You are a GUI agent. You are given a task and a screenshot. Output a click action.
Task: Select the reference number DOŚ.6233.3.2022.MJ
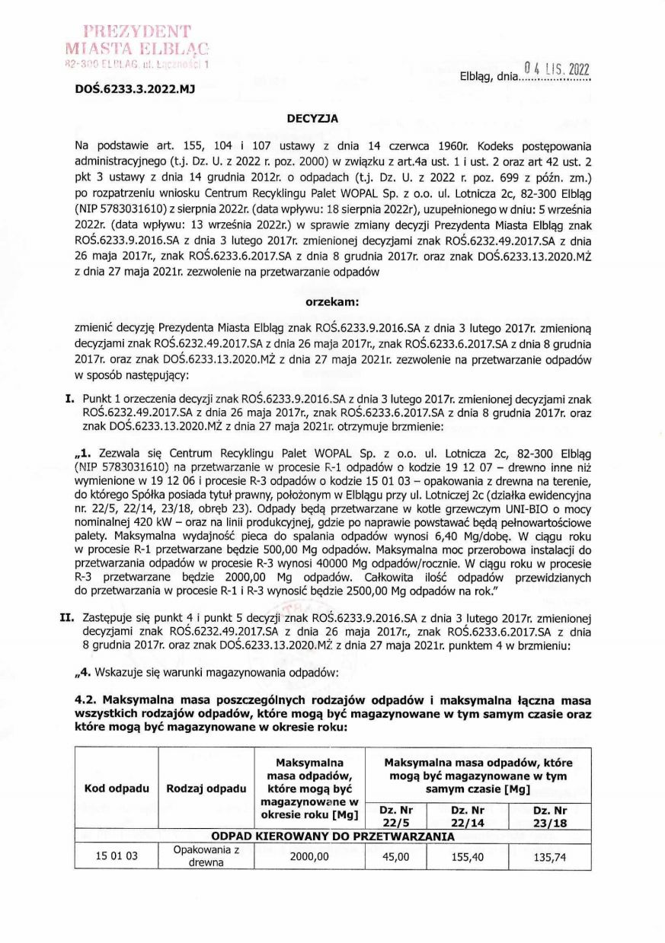click(x=135, y=88)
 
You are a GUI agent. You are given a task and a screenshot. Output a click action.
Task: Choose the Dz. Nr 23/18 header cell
click(x=549, y=816)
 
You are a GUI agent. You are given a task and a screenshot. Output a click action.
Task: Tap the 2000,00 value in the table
click(x=309, y=855)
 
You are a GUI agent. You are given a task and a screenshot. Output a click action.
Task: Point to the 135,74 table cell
click(x=549, y=855)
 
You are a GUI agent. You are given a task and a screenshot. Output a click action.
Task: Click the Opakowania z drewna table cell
click(x=203, y=855)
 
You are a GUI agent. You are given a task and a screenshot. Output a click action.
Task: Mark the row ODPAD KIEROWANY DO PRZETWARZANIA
click(x=333, y=836)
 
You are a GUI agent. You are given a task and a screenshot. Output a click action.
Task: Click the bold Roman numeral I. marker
click(x=69, y=397)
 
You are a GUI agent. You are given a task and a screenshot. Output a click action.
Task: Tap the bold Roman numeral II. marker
click(x=66, y=618)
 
